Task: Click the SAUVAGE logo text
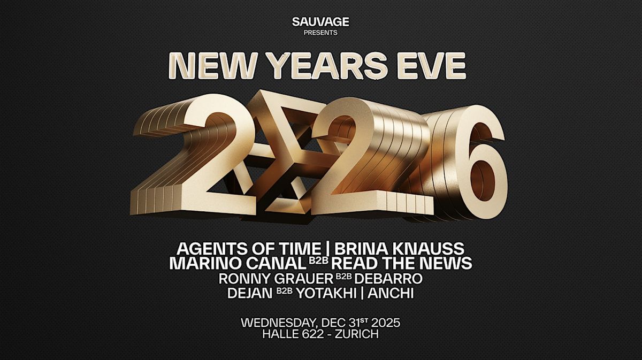(320, 22)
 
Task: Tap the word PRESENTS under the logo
(320, 33)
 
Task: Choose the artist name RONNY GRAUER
(276, 279)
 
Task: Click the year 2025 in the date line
(382, 323)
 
